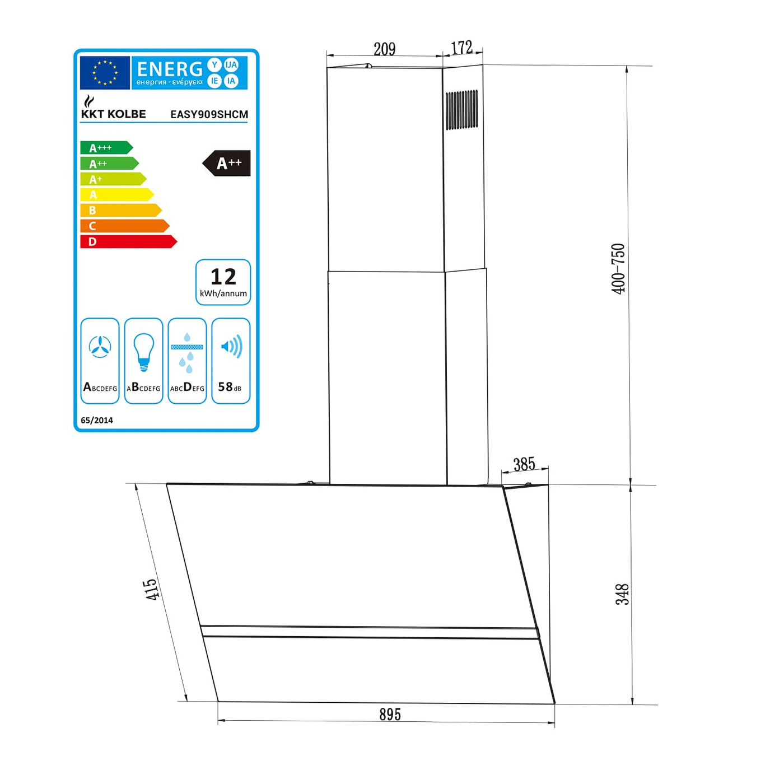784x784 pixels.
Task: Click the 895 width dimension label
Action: point(390,715)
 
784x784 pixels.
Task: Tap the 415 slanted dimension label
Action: point(151,590)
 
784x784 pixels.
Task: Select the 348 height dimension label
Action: point(622,594)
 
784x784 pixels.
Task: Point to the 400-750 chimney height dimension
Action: point(618,269)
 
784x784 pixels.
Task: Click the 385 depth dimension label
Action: point(524,464)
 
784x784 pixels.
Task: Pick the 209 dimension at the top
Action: point(385,49)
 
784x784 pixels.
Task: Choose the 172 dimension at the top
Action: point(462,48)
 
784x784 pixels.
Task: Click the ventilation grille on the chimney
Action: point(461,110)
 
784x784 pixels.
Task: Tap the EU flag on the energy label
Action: point(105,73)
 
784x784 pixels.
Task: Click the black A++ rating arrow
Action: point(227,163)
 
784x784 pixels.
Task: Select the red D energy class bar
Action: point(128,242)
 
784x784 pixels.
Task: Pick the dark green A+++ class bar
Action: point(106,148)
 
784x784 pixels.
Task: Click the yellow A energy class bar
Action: point(116,195)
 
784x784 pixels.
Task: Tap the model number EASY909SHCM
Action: point(209,114)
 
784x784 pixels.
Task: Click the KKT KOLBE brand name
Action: point(113,114)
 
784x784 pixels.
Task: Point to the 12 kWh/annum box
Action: point(223,282)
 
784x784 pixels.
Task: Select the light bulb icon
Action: point(143,351)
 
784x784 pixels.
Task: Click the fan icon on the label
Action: point(100,347)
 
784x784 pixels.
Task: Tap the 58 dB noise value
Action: point(230,387)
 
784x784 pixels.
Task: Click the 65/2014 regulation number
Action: point(97,420)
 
